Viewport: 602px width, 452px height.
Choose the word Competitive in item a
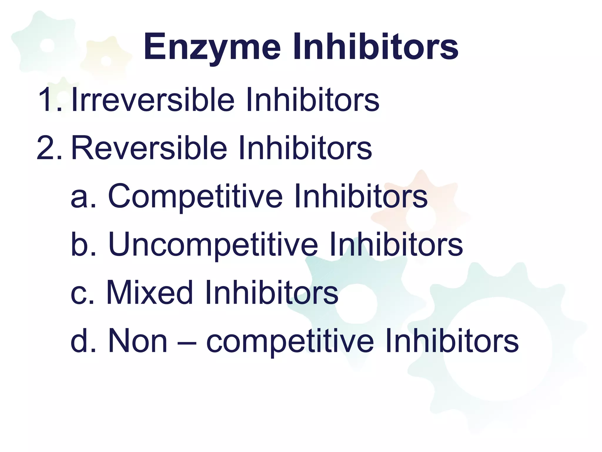click(195, 197)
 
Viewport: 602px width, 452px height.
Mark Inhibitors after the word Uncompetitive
click(396, 244)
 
